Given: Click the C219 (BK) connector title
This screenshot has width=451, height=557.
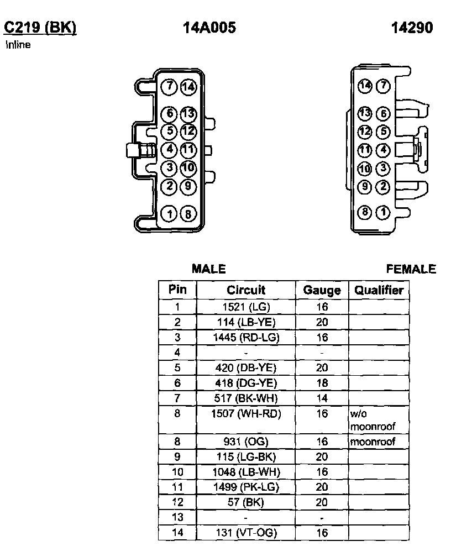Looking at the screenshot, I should point(40,28).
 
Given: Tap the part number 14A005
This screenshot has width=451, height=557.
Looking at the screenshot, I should point(209,28).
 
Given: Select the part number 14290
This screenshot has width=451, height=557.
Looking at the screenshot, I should point(412,28).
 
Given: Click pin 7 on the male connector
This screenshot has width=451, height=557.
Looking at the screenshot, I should point(169,87).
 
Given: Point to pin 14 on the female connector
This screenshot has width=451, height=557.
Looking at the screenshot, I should point(364,86).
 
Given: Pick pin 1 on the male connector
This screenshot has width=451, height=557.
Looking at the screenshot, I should point(169,213).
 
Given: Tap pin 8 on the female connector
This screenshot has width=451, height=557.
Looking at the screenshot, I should point(364,212).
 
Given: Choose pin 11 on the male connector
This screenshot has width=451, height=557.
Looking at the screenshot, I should point(188,149).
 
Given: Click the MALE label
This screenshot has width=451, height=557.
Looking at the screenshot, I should point(209,269).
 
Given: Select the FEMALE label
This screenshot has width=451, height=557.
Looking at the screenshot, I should point(411,269).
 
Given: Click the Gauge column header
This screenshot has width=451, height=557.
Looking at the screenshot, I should point(322,290).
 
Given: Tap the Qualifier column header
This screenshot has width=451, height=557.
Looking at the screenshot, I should point(379,290).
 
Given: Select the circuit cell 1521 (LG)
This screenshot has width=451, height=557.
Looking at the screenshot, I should point(246,307).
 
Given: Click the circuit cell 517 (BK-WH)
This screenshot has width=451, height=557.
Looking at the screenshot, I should point(246,398).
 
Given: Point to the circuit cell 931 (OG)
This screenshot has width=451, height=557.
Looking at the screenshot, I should point(246,442).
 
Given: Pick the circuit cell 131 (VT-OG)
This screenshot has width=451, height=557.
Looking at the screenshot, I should point(246,533).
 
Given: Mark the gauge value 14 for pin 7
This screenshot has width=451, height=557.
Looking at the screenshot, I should point(322,398).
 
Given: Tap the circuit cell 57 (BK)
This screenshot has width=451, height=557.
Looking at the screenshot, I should point(246,502).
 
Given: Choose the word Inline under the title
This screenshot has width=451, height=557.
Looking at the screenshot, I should point(18,45).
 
